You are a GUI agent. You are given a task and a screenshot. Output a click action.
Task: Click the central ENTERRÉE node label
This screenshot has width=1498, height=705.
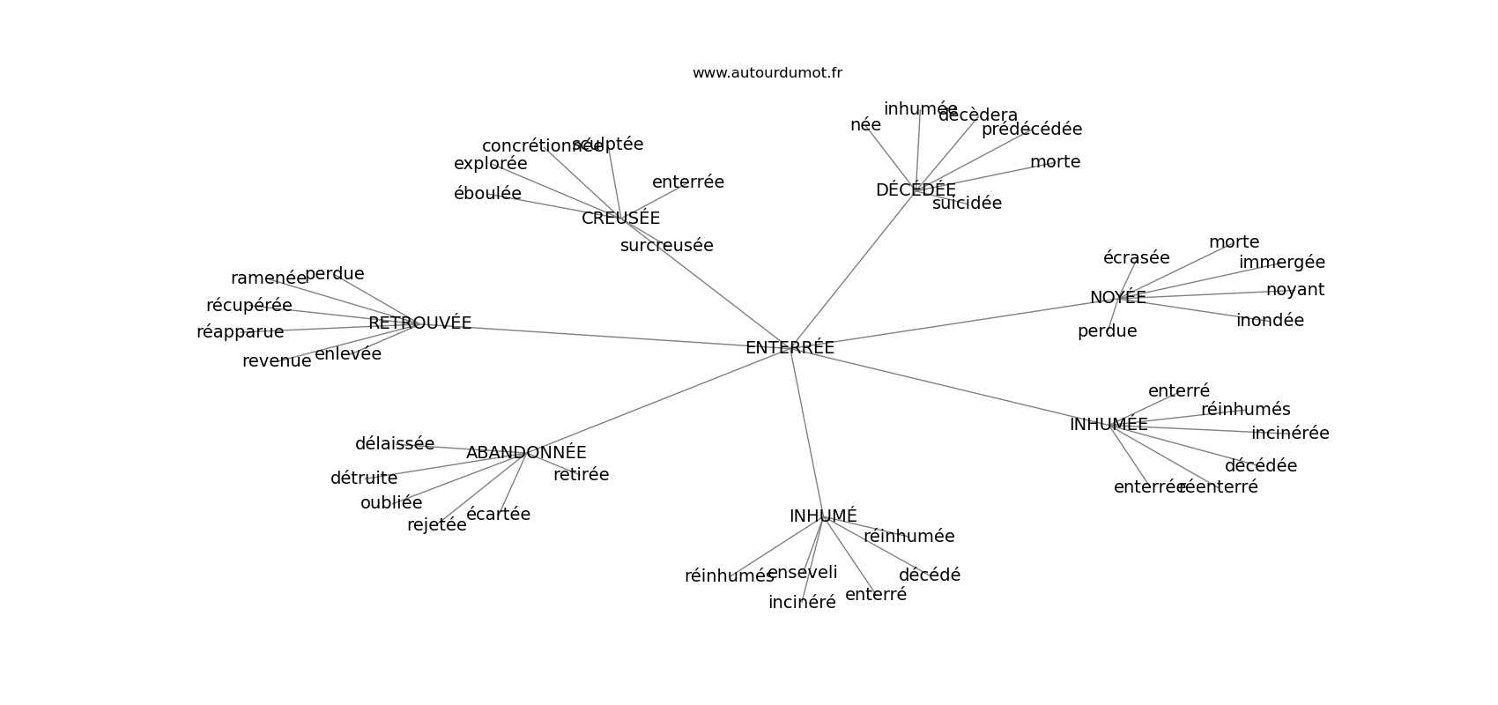(x=790, y=348)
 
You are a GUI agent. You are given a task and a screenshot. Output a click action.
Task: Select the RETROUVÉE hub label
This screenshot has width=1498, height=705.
(x=419, y=323)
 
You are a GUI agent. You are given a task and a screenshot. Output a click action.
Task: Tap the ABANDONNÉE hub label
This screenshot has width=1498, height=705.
(x=526, y=453)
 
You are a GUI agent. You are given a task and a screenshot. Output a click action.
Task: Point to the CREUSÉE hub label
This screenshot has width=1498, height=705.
(x=620, y=219)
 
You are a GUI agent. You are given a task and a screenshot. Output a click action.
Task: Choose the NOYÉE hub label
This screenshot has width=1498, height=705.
(x=1117, y=298)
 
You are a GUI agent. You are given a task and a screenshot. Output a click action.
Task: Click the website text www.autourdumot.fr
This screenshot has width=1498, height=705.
(x=767, y=73)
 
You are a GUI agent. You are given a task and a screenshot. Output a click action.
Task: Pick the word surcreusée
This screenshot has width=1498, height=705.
(x=666, y=246)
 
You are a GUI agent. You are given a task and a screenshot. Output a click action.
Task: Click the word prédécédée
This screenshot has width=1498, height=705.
(x=1031, y=130)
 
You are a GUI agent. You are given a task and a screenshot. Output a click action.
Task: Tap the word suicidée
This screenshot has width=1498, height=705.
(x=967, y=204)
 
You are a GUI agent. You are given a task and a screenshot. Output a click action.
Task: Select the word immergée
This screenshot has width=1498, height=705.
(x=1281, y=263)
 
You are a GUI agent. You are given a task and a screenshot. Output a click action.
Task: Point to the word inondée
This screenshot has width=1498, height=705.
(x=1270, y=321)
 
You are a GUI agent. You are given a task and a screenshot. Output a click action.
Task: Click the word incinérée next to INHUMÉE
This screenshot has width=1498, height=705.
(x=1290, y=434)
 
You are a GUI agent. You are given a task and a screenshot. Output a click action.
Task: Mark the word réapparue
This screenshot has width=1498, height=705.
(x=240, y=332)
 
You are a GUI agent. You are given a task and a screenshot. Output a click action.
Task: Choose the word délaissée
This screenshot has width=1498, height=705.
(x=394, y=444)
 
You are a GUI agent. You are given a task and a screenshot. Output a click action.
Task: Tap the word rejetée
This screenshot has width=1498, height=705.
(x=436, y=525)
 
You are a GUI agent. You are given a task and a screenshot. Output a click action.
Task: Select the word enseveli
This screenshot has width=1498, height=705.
(x=802, y=573)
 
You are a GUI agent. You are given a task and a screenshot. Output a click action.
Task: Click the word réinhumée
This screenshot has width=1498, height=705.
(x=908, y=537)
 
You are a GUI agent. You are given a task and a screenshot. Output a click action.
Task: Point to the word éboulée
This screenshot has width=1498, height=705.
(x=487, y=194)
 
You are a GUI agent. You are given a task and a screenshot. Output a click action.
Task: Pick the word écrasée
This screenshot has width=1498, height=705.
(x=1136, y=258)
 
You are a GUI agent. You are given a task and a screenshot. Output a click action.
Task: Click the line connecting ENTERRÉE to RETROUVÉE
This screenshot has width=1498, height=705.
(x=599, y=336)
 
